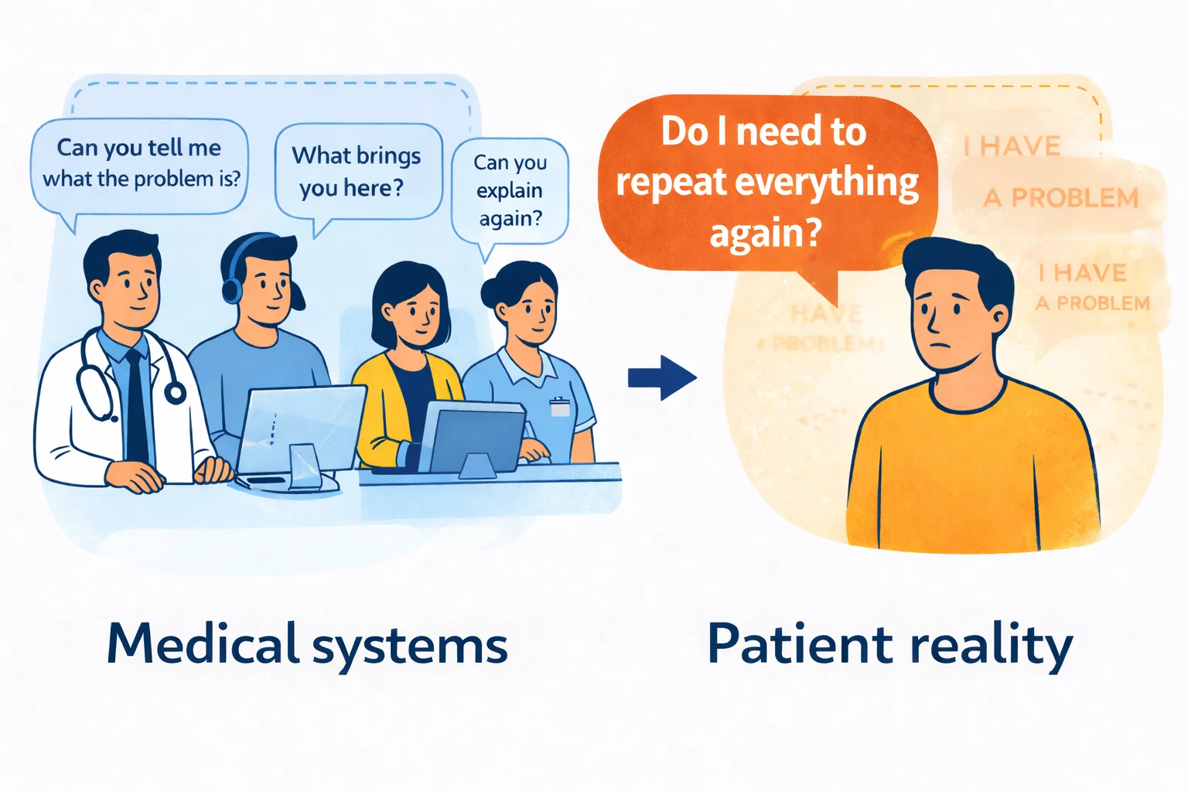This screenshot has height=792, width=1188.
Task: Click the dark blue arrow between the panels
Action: click(x=663, y=377)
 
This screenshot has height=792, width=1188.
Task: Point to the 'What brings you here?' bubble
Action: click(x=357, y=172)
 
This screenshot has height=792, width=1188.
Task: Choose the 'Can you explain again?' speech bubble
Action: click(x=510, y=190)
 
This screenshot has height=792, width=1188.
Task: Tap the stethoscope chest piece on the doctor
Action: click(x=176, y=393)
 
